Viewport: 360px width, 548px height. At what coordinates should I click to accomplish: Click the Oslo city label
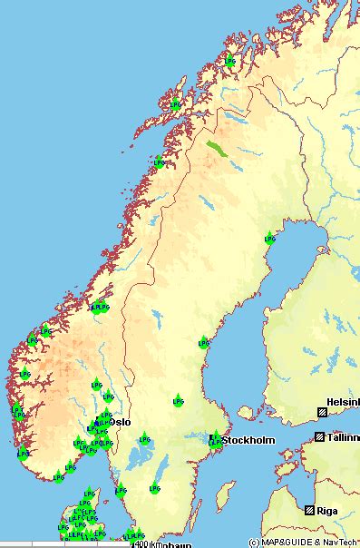click(x=120, y=422)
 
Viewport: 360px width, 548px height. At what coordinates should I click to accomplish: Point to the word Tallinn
click(x=343, y=436)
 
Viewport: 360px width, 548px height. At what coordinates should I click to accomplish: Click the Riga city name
click(x=332, y=510)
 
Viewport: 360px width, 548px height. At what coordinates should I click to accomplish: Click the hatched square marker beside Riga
click(x=310, y=510)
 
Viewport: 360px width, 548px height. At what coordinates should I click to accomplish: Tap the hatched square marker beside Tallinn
click(x=320, y=436)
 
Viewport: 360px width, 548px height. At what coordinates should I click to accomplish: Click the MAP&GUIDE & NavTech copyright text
click(x=301, y=543)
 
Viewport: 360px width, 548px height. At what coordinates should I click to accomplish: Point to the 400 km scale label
click(x=142, y=544)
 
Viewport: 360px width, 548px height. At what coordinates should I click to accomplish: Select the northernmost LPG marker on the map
click(x=230, y=62)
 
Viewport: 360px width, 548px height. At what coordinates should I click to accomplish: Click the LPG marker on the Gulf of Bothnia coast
click(x=269, y=239)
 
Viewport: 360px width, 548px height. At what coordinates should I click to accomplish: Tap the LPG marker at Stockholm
click(x=215, y=440)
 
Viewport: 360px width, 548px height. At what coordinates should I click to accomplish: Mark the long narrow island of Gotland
click(x=223, y=494)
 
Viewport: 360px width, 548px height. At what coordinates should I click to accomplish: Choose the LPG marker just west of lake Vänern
click(x=120, y=491)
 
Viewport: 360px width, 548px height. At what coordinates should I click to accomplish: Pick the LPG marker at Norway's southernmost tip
click(x=59, y=475)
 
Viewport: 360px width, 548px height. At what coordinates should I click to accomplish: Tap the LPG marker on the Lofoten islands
click(x=175, y=105)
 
